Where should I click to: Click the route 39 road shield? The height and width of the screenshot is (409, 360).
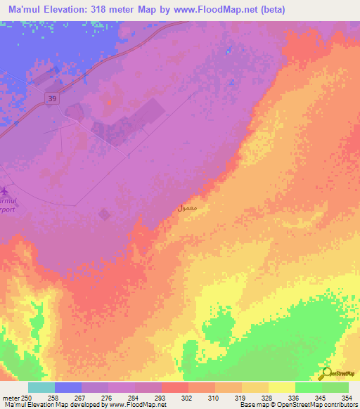point(52,99)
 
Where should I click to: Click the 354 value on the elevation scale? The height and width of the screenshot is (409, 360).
point(347,398)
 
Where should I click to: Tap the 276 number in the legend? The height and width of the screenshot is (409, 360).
point(108,398)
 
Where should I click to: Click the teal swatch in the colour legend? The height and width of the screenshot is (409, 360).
point(41,387)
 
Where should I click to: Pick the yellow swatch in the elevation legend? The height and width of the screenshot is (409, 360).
point(281,387)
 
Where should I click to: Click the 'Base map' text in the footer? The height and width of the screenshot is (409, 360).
point(252,405)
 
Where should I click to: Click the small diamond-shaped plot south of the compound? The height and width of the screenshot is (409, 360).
point(104,214)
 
